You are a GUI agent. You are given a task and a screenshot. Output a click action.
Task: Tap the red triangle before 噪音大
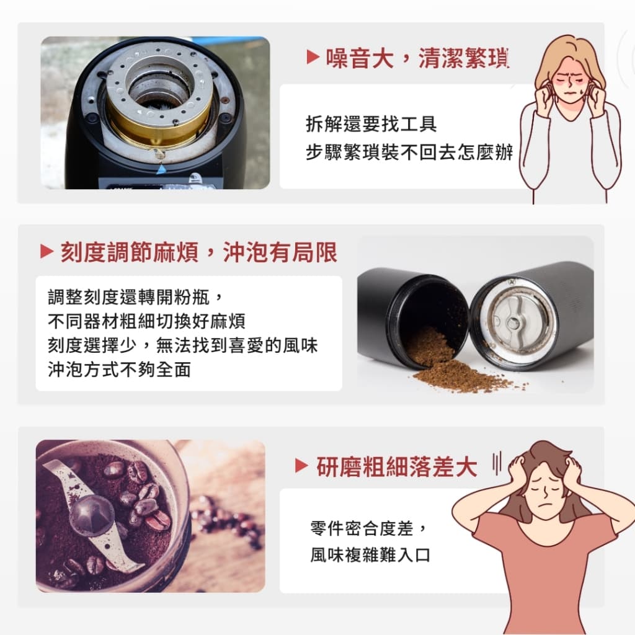pyautogui.click(x=313, y=58)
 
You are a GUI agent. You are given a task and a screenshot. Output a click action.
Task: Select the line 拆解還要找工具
pyautogui.click(x=371, y=124)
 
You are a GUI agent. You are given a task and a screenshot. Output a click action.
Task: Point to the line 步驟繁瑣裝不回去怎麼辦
pyautogui.click(x=409, y=153)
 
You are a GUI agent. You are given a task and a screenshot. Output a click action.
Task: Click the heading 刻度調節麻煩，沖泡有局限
pyautogui.click(x=198, y=252)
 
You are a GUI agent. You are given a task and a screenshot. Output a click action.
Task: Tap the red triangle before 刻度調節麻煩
pyautogui.click(x=47, y=252)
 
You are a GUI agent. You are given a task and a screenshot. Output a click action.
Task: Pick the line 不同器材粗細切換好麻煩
pyautogui.click(x=146, y=321)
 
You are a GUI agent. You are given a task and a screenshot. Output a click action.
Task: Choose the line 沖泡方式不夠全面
pyautogui.click(x=119, y=370)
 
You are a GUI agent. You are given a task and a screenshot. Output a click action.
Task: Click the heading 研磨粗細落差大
pyautogui.click(x=397, y=467)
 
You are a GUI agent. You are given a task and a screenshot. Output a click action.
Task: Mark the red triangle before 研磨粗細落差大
pyautogui.click(x=301, y=466)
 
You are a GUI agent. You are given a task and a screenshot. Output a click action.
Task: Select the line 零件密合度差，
pyautogui.click(x=370, y=529)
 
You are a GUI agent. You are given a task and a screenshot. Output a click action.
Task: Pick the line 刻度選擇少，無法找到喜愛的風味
pyautogui.click(x=183, y=345)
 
